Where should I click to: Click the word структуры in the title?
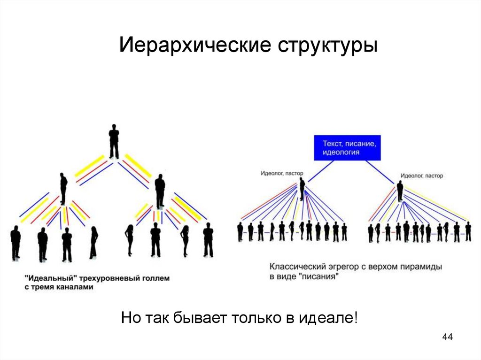pos(328,46)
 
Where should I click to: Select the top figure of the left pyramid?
pos(114,141)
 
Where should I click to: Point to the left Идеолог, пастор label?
pos(282,173)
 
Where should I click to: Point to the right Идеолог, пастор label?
pos(422,176)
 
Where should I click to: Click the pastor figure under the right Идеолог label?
pos(400,191)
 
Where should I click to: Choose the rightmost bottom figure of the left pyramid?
pos(208,240)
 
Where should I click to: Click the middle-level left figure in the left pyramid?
pos(63,188)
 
